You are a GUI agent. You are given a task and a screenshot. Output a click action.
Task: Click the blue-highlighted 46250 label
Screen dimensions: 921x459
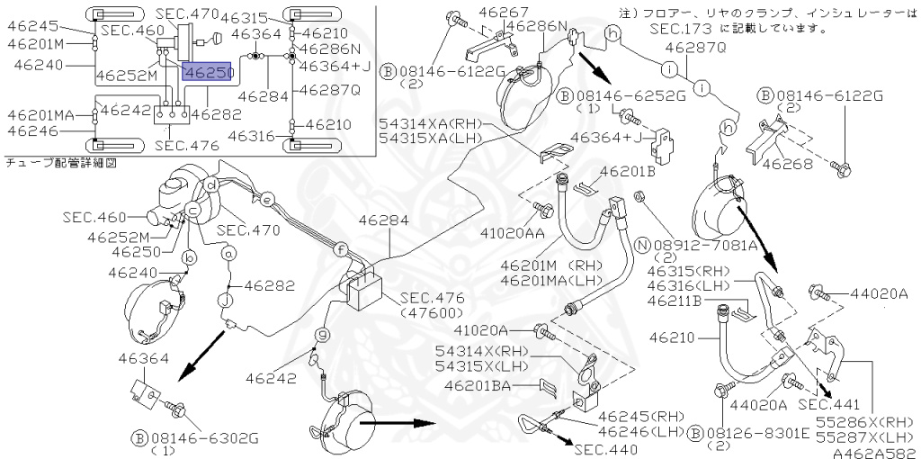[x=208, y=72]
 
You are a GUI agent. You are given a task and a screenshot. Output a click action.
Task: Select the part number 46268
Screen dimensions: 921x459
[x=788, y=164]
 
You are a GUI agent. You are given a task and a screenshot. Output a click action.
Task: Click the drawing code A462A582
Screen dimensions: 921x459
[x=875, y=453]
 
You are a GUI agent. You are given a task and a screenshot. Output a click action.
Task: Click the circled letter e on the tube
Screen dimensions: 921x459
[x=266, y=200]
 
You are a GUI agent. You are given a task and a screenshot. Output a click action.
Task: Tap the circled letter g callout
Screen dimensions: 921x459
[x=321, y=335]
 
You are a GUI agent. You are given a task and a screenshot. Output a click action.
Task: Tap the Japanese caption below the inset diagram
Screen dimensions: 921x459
[x=61, y=164]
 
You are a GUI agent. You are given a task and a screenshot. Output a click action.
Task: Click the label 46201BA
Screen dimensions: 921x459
[x=478, y=385]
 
